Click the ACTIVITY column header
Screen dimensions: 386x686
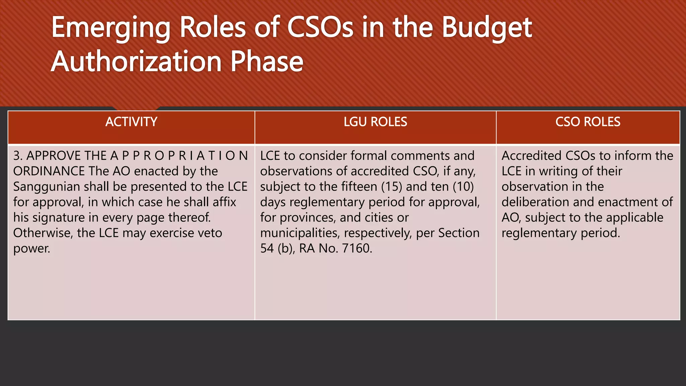coord(131,122)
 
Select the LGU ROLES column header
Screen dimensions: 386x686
coord(375,122)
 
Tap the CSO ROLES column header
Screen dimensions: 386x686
coord(588,122)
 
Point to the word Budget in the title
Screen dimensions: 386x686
coord(487,28)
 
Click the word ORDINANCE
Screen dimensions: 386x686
coord(49,171)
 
